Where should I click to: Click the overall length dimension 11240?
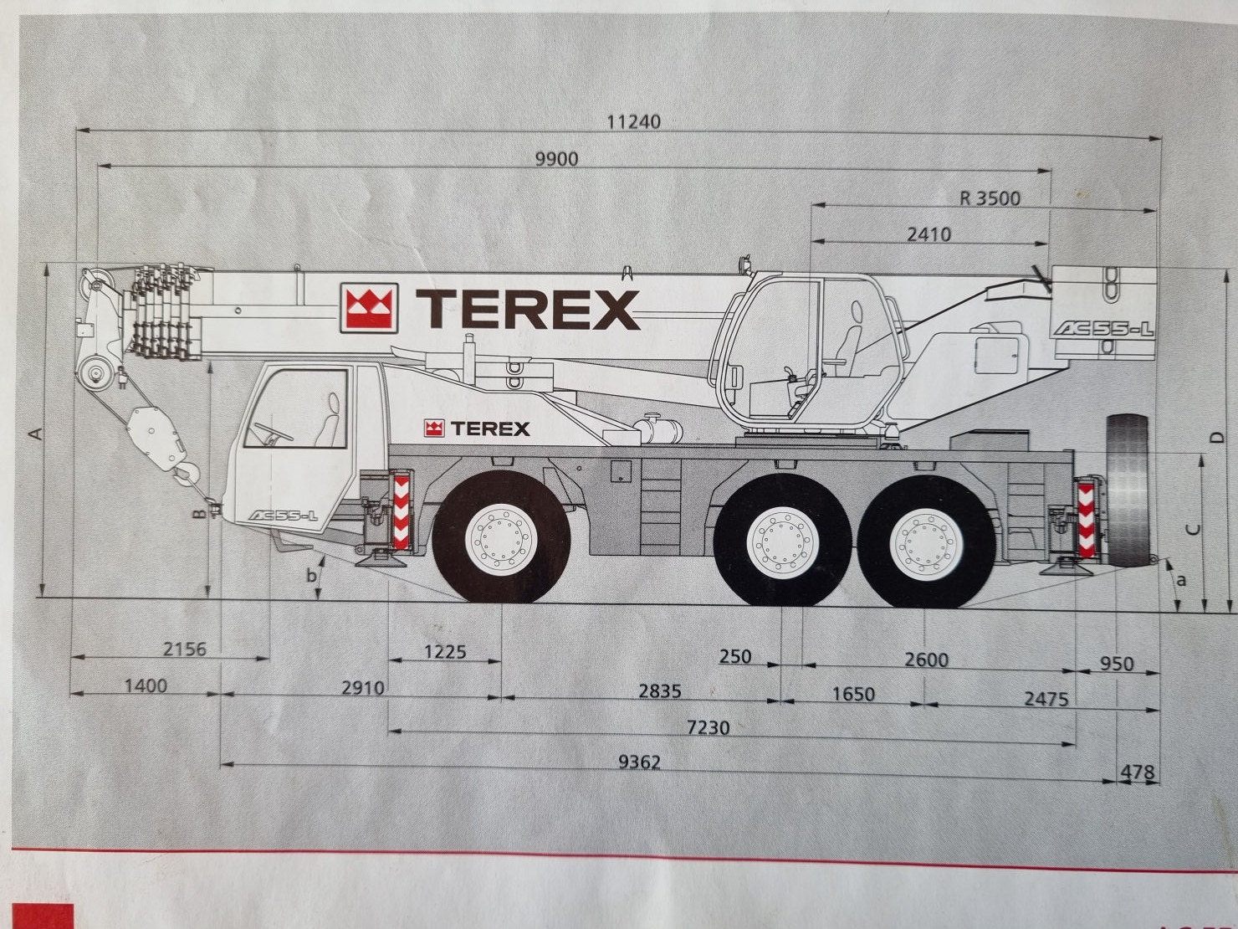click(633, 122)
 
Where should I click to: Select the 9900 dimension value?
click(556, 160)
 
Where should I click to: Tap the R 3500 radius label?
click(990, 198)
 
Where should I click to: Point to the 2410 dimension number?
click(929, 234)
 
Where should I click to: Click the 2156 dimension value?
click(185, 649)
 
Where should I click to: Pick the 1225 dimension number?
click(445, 652)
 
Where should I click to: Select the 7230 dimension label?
click(708, 727)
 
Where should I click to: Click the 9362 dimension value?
click(639, 762)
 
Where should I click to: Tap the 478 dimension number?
click(1138, 772)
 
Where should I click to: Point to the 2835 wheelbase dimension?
click(660, 691)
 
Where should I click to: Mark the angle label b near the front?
click(311, 576)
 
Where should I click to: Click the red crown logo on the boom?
click(369, 307)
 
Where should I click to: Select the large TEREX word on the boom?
click(527, 309)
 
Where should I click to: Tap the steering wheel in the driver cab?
click(273, 432)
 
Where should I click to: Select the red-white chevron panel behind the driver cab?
click(401, 511)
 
